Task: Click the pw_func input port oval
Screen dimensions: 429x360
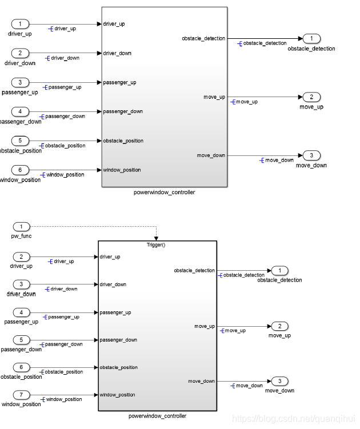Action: [21, 227]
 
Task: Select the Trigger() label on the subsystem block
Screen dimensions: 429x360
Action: [157, 244]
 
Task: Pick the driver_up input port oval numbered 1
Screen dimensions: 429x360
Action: [21, 24]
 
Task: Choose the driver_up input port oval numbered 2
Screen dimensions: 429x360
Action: [21, 256]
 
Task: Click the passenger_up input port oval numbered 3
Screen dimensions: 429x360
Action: [21, 82]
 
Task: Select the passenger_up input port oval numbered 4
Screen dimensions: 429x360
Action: [21, 312]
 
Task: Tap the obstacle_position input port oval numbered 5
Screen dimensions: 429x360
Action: [21, 141]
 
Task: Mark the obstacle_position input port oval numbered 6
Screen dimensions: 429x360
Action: [21, 367]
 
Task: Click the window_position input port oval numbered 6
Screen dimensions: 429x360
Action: [21, 170]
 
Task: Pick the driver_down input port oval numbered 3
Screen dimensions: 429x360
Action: [21, 284]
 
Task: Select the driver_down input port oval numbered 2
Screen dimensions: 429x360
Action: [21, 53]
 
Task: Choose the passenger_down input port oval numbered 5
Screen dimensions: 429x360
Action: [21, 340]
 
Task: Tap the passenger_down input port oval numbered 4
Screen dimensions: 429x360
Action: [21, 111]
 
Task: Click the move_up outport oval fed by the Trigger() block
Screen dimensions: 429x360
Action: [279, 326]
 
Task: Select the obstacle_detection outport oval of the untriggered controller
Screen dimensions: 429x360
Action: [311, 39]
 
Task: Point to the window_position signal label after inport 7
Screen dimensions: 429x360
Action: [63, 399]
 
